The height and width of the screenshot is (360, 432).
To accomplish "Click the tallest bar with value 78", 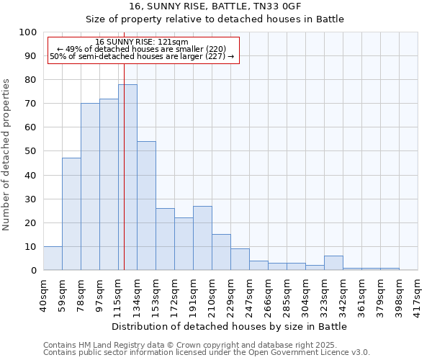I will pyautogui.click(x=127, y=177).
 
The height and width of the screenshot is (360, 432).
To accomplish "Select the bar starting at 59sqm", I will pyautogui.click(x=71, y=214).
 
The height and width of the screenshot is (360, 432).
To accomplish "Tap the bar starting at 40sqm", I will pyautogui.click(x=53, y=258).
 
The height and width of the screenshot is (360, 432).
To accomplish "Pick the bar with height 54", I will pyautogui.click(x=146, y=206).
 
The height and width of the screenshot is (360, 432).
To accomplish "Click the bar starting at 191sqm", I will pyautogui.click(x=202, y=238).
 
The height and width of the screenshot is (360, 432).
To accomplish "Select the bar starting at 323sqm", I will pyautogui.click(x=333, y=264).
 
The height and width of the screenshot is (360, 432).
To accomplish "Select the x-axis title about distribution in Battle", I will pyautogui.click(x=230, y=326).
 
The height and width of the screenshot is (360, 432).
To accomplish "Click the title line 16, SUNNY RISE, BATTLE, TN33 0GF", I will pyautogui.click(x=215, y=6).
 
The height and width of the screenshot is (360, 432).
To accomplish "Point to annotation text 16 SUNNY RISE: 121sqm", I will pyautogui.click(x=142, y=42).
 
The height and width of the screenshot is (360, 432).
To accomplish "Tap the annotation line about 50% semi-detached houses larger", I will pyautogui.click(x=142, y=56).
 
